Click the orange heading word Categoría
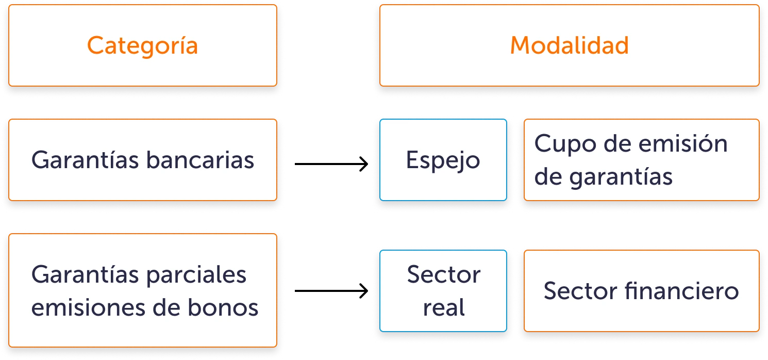click(142, 46)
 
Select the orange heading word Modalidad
click(569, 46)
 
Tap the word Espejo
click(443, 161)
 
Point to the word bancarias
click(200, 160)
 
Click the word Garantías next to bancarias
click(86, 160)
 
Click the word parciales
click(196, 275)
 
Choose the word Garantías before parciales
click(86, 275)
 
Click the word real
click(444, 308)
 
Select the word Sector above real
click(444, 275)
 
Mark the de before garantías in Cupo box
click(548, 177)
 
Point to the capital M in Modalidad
click(521, 46)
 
